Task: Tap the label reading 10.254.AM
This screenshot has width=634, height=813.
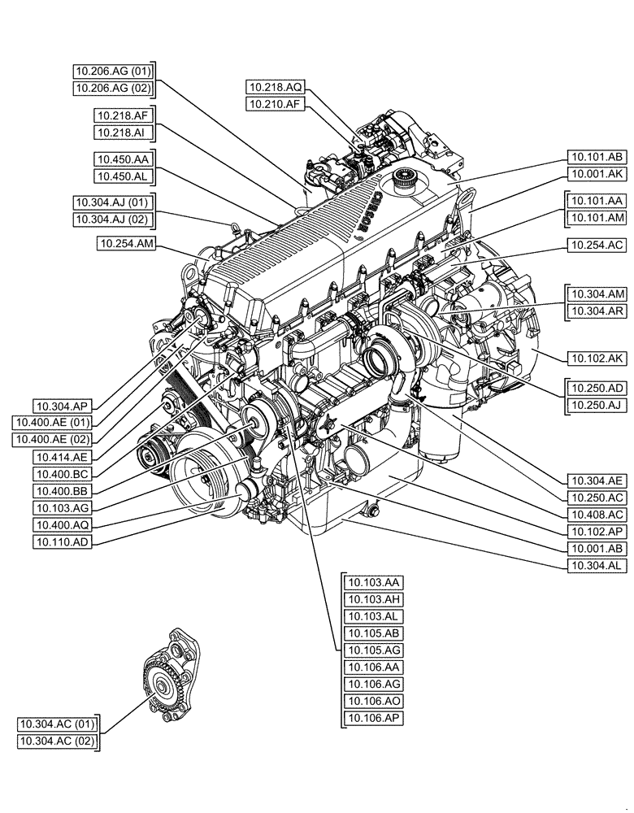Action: [x=126, y=243]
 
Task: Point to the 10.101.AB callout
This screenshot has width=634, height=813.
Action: [x=597, y=159]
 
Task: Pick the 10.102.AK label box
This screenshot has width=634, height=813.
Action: [x=597, y=357]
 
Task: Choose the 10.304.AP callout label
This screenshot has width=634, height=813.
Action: [x=63, y=405]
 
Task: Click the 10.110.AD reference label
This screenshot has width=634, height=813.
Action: [x=63, y=541]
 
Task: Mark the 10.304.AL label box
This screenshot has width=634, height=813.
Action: [x=597, y=564]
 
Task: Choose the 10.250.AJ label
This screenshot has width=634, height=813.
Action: [x=597, y=404]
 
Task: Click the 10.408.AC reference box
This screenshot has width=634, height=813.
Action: [x=597, y=514]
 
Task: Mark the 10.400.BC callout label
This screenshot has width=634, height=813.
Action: [x=63, y=473]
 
